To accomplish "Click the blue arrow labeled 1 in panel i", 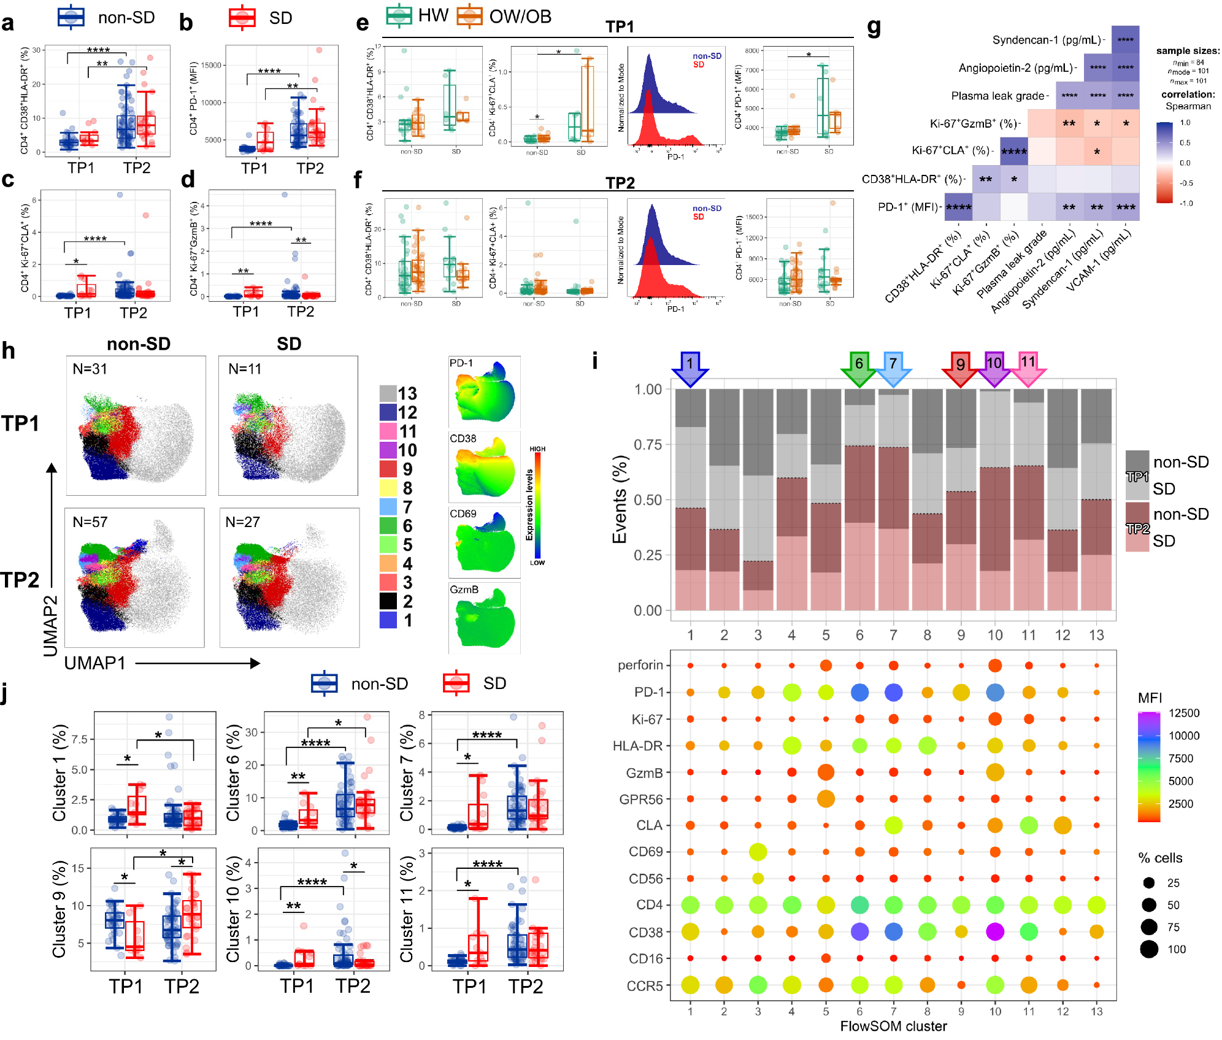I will [690, 368].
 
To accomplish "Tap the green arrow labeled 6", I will [859, 368].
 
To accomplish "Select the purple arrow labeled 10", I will [994, 368].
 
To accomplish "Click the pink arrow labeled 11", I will [1028, 368].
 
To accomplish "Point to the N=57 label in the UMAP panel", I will [90, 522].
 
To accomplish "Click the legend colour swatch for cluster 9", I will [388, 469].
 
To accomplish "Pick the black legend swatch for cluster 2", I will [388, 601].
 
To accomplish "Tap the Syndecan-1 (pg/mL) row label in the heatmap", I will [1047, 40].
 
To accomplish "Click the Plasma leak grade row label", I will [997, 96].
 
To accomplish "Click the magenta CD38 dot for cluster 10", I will [994, 932].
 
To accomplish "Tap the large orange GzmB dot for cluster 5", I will [826, 772].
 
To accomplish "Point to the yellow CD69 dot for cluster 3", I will [758, 852].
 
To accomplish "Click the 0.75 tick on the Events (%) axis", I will [647, 444].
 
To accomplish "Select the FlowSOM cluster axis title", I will [893, 1026].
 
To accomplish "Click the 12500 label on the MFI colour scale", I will [1183, 713].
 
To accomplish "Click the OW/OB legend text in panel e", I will [520, 17].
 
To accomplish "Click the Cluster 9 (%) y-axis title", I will [60, 909].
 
